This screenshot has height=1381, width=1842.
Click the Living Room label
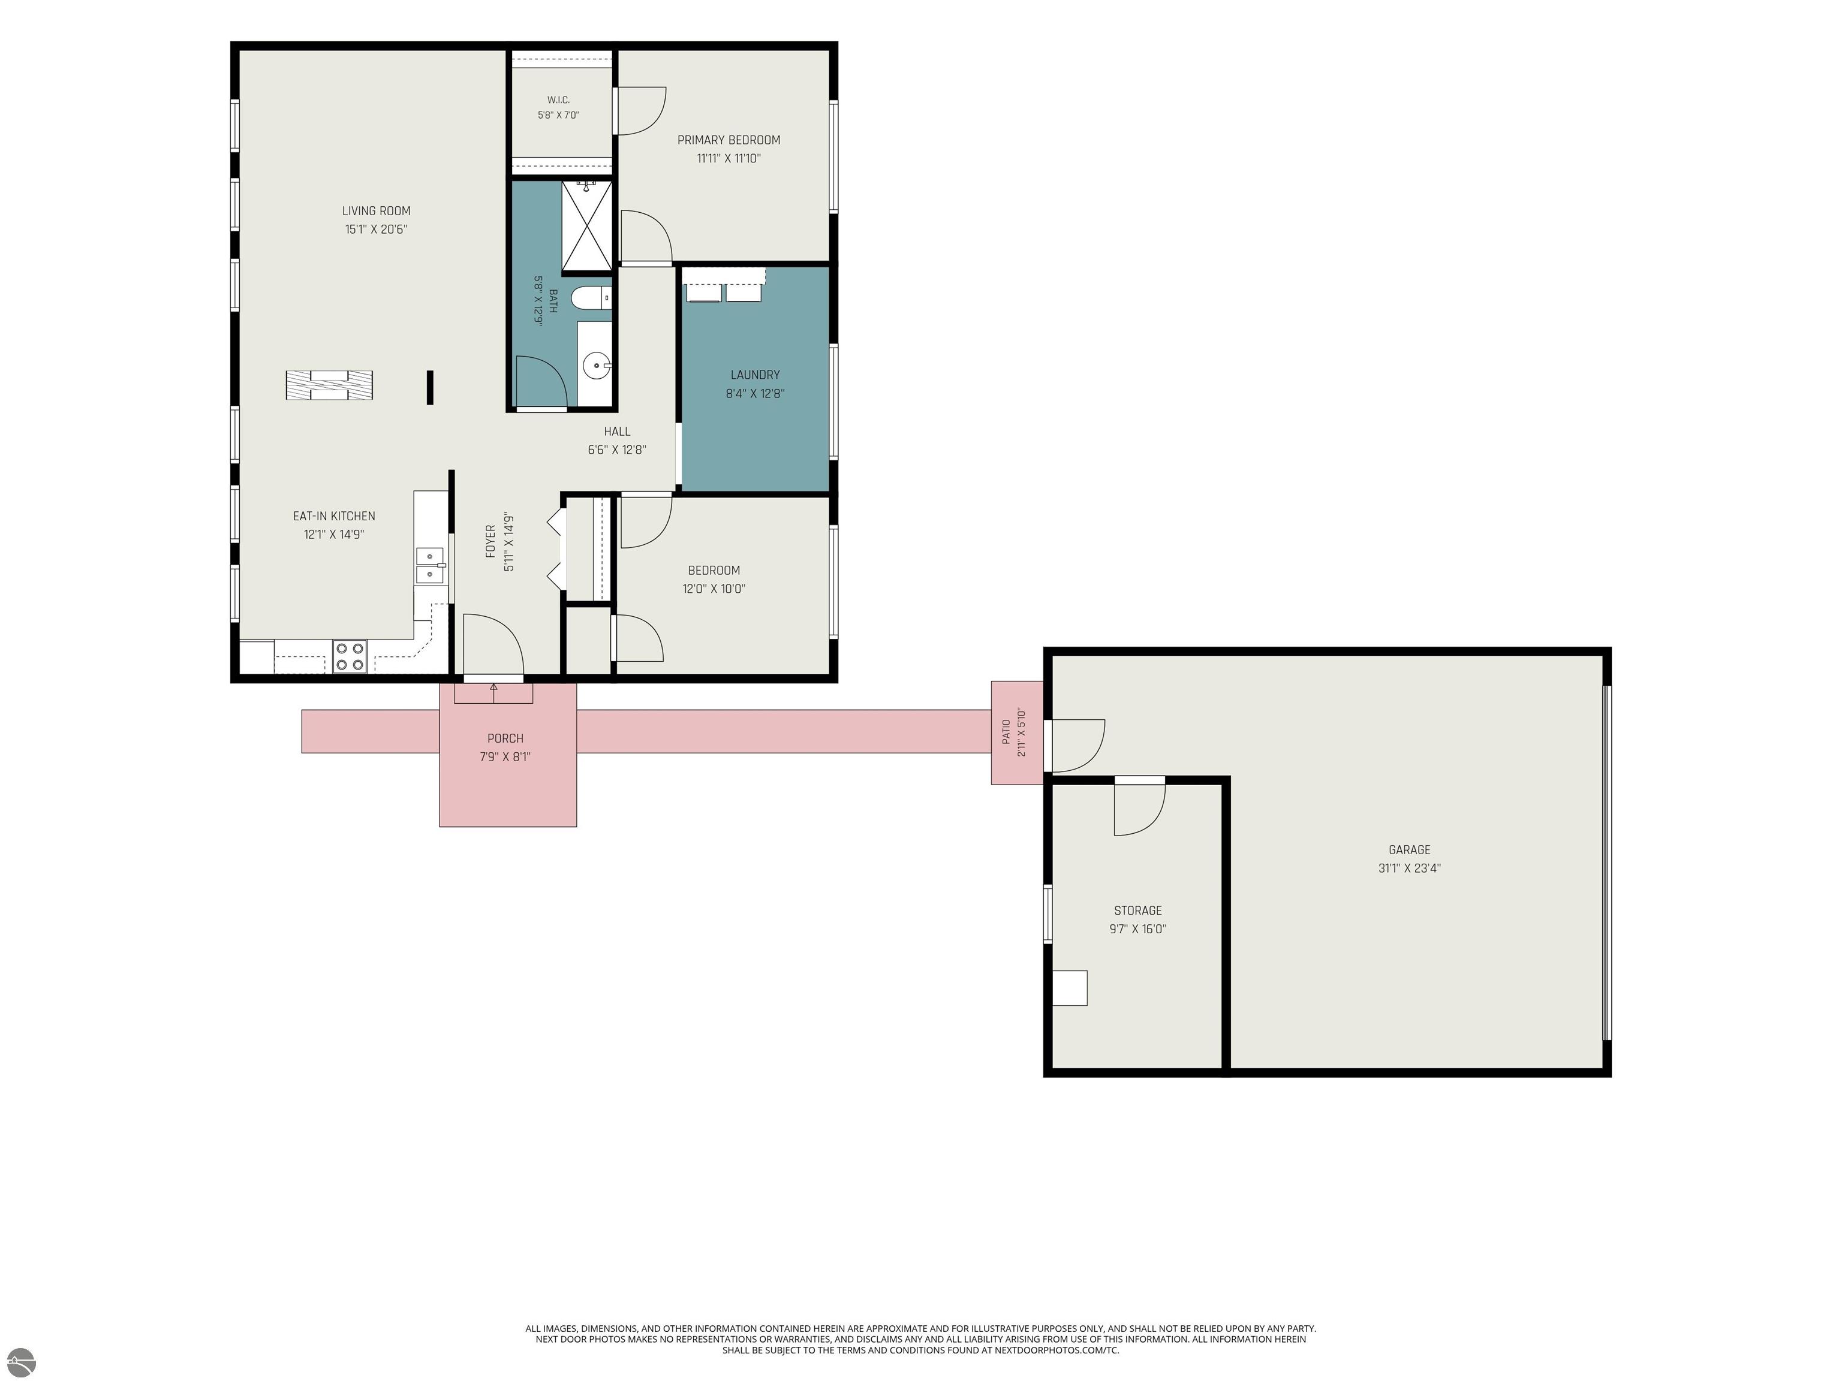(x=377, y=210)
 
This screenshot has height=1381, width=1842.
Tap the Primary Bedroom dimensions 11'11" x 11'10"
(x=729, y=158)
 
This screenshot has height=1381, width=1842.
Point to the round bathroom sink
(x=595, y=364)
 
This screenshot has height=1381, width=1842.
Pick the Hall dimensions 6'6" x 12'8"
(x=617, y=450)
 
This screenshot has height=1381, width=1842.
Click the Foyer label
(x=490, y=541)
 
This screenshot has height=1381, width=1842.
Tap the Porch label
(x=505, y=738)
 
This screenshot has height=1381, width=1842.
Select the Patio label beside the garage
(x=1006, y=732)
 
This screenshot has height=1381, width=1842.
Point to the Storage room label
(x=1137, y=910)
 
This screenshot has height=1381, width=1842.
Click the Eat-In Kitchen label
(x=334, y=516)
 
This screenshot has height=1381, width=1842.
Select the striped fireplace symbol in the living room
(x=329, y=385)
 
